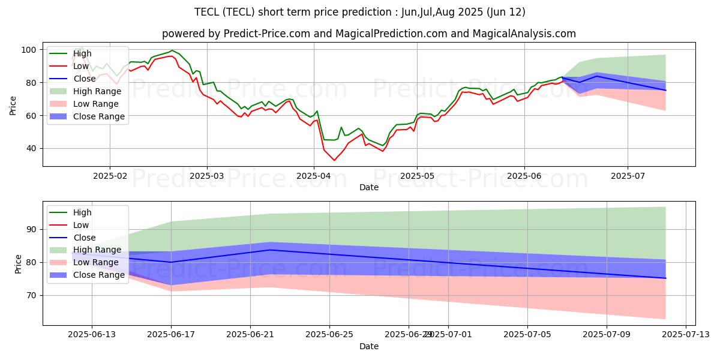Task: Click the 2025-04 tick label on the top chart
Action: tap(314, 176)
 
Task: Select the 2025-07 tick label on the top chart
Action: tap(628, 176)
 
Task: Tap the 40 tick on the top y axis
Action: tap(31, 148)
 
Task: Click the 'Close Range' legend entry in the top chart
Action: tap(98, 117)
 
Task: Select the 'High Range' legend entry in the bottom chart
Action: tap(97, 250)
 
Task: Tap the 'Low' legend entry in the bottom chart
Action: tap(80, 225)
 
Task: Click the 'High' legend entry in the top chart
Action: tap(82, 53)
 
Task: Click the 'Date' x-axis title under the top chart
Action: tap(369, 188)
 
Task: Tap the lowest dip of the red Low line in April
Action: tap(334, 160)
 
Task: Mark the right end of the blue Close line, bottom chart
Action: tap(665, 278)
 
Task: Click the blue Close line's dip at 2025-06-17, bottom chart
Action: tap(171, 262)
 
